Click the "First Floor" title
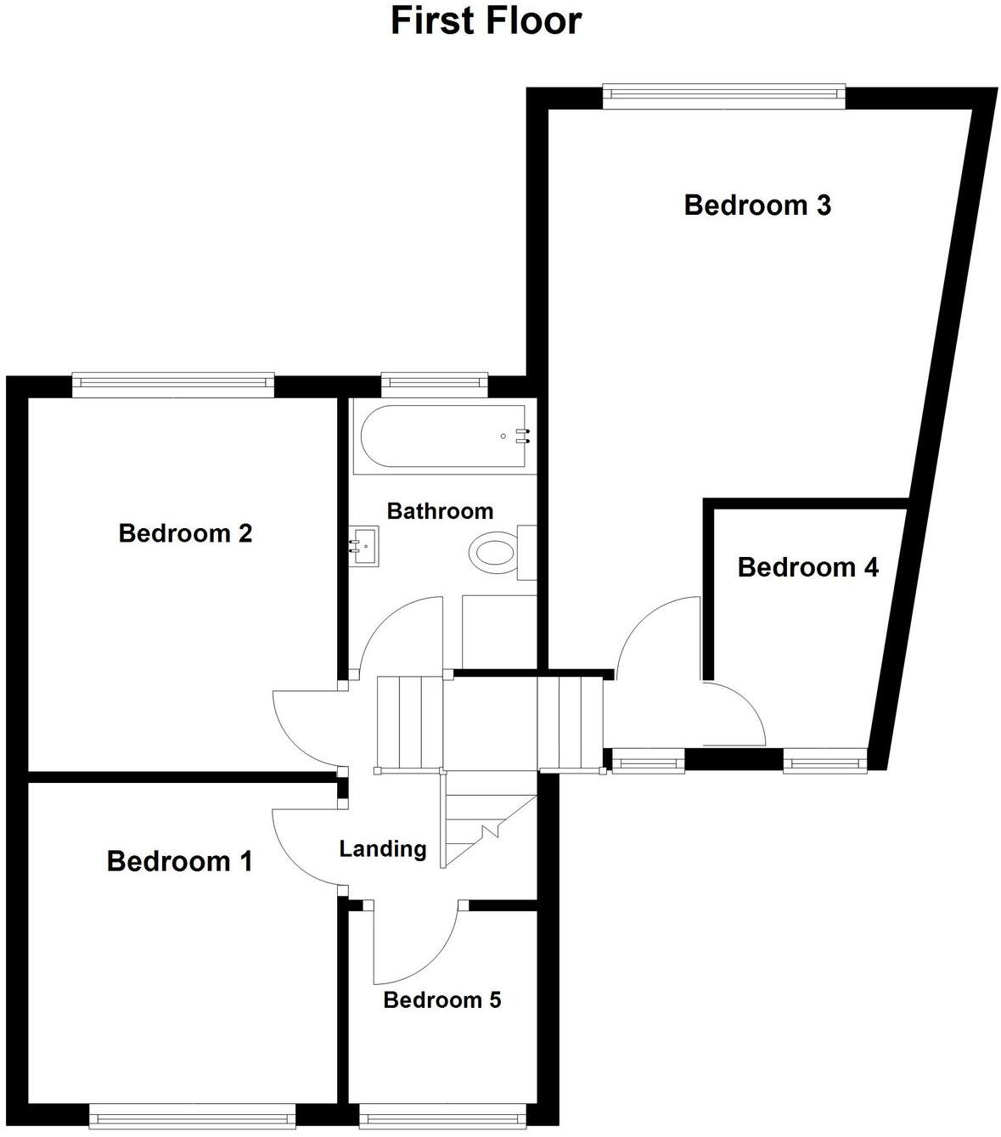coord(486,20)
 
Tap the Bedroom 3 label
coord(757,205)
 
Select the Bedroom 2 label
coord(185,533)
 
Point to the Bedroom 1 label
coord(179,861)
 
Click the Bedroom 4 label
coord(807,567)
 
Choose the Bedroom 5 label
coord(441,999)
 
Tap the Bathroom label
coord(440,511)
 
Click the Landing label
coord(382,848)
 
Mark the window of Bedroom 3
coord(723,95)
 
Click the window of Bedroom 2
coord(173,385)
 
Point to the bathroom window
coord(435,385)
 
